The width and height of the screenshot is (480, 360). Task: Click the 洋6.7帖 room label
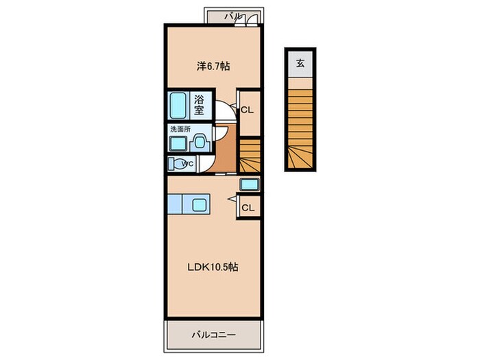[213, 66]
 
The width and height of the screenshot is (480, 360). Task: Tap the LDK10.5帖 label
[213, 267]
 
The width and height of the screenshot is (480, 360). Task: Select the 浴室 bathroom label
[200, 105]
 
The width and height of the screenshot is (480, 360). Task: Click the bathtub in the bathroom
[178, 106]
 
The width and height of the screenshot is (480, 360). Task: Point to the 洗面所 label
[180, 129]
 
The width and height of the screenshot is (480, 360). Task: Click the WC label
[187, 164]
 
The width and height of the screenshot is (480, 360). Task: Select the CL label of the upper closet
[247, 110]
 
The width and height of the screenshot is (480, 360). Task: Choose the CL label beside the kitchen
[248, 208]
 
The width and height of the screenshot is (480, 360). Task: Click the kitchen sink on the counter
[200, 204]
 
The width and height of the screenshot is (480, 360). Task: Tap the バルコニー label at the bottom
[214, 335]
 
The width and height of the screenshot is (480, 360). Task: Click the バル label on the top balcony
[233, 16]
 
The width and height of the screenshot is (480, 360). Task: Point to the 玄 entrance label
[300, 64]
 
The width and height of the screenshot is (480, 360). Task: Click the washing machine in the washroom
[200, 143]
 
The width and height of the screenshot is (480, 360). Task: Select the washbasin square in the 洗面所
[178, 143]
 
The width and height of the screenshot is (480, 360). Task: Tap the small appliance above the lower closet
[250, 184]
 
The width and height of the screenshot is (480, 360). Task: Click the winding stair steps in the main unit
[250, 156]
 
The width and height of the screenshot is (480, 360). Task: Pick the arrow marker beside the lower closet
[232, 199]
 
